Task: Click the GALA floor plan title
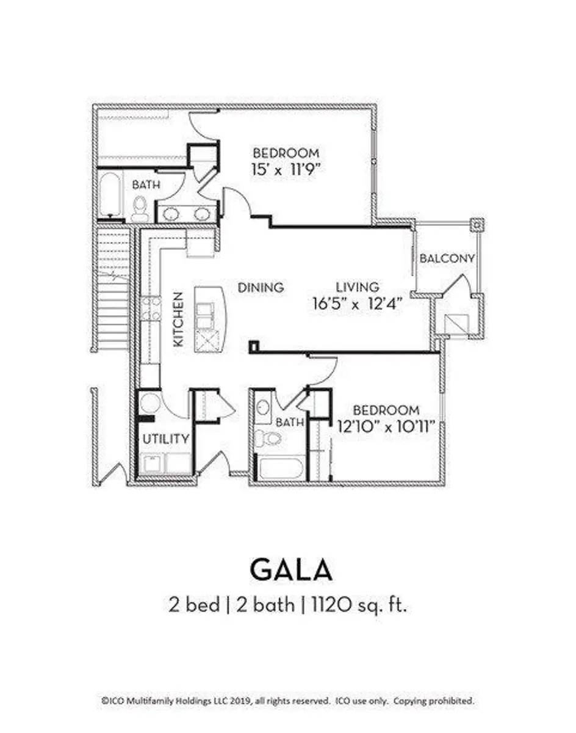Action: (x=291, y=570)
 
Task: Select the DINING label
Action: (x=261, y=288)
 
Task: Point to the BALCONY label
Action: (x=447, y=258)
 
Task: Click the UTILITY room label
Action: (x=166, y=439)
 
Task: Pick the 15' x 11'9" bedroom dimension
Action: (x=286, y=169)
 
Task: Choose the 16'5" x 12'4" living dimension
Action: (x=358, y=303)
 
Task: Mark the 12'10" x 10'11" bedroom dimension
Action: (x=386, y=426)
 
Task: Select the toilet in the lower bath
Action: (x=268, y=437)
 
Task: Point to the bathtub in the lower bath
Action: (x=281, y=469)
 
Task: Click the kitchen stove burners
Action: (x=151, y=308)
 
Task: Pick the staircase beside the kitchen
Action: (x=113, y=290)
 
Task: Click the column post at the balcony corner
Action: (x=477, y=225)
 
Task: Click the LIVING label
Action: (x=358, y=287)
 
